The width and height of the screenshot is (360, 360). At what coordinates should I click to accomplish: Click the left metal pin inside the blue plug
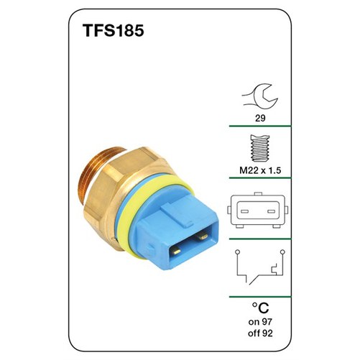pyautogui.click(x=178, y=251)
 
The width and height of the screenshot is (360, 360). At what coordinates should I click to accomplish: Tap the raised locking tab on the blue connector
pyautogui.click(x=175, y=211)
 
